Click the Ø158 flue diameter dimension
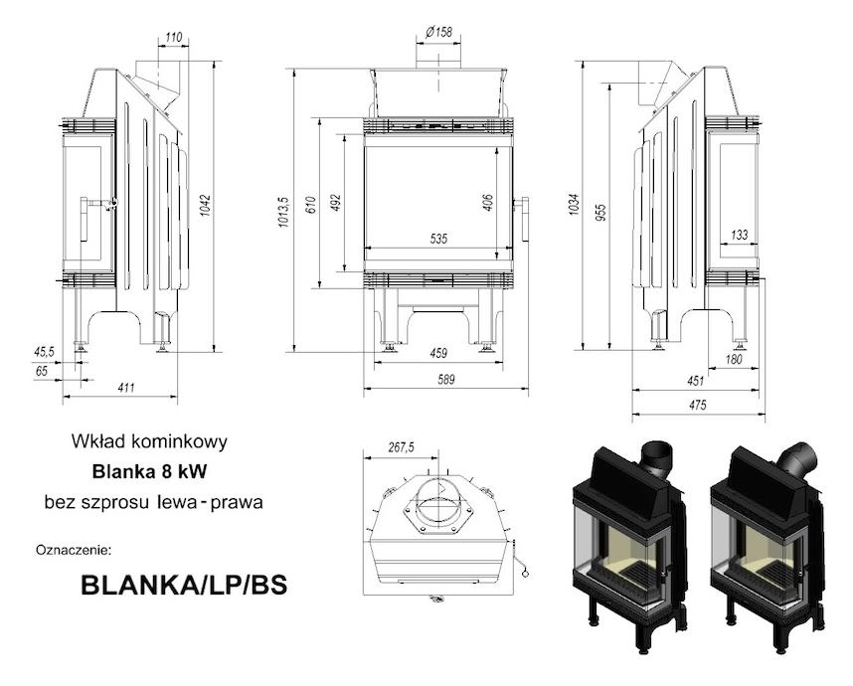coord(439,32)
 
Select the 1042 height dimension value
coord(205,205)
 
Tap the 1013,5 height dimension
coord(284,212)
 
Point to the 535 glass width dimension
coord(438,239)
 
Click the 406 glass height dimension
coord(487,203)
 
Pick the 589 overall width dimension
coord(446,380)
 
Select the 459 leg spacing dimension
coord(438,354)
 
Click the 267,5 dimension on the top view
coord(401,447)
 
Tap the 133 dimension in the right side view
coord(740,235)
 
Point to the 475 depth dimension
coord(698,405)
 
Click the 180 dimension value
coord(734,359)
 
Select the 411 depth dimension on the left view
coord(125,388)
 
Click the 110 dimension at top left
coord(173,38)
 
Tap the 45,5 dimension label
coord(44,352)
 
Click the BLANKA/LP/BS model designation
coord(184,586)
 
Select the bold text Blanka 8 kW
coord(149,471)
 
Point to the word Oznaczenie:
coord(74,550)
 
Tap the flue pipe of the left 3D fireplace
coord(656,460)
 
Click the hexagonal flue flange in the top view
coord(437,506)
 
